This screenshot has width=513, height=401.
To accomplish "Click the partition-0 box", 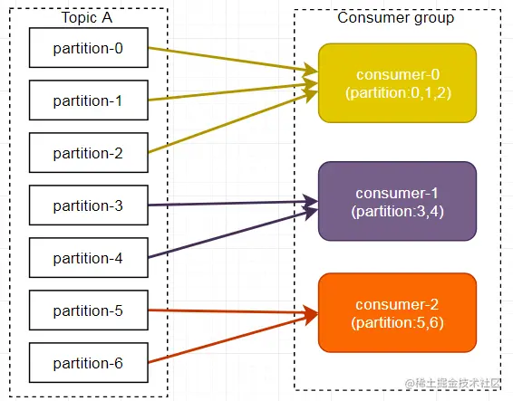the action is [x=88, y=48].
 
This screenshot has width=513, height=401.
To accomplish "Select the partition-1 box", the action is [x=88, y=100].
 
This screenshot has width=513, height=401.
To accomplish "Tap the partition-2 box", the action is [x=88, y=153].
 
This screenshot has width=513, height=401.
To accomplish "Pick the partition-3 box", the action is [x=88, y=205].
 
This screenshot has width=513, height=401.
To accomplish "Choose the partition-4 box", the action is [x=88, y=258].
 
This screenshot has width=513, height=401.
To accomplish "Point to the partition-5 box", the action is [x=88, y=310].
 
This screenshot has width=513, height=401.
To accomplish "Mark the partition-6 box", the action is [x=88, y=363].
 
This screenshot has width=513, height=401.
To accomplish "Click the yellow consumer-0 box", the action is [x=397, y=83].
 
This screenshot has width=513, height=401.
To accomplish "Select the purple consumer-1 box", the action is [x=397, y=201].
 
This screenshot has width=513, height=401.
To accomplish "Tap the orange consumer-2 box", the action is [x=397, y=313].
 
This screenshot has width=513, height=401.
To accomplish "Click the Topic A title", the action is [x=87, y=17].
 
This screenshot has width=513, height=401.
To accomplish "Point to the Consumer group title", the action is [x=396, y=18].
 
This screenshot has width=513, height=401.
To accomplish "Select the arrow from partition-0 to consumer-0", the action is [x=233, y=60].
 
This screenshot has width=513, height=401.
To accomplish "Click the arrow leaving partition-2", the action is [x=233, y=121].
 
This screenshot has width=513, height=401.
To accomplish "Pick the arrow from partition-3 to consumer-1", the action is [x=233, y=204].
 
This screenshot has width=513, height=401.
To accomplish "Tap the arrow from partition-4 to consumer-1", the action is [x=233, y=233].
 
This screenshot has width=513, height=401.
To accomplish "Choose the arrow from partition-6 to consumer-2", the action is [x=233, y=339].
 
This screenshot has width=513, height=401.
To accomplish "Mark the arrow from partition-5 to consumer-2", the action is [x=233, y=311].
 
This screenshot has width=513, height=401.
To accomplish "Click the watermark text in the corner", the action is [x=453, y=383].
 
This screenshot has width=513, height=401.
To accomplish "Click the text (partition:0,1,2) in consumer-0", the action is [x=398, y=93].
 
